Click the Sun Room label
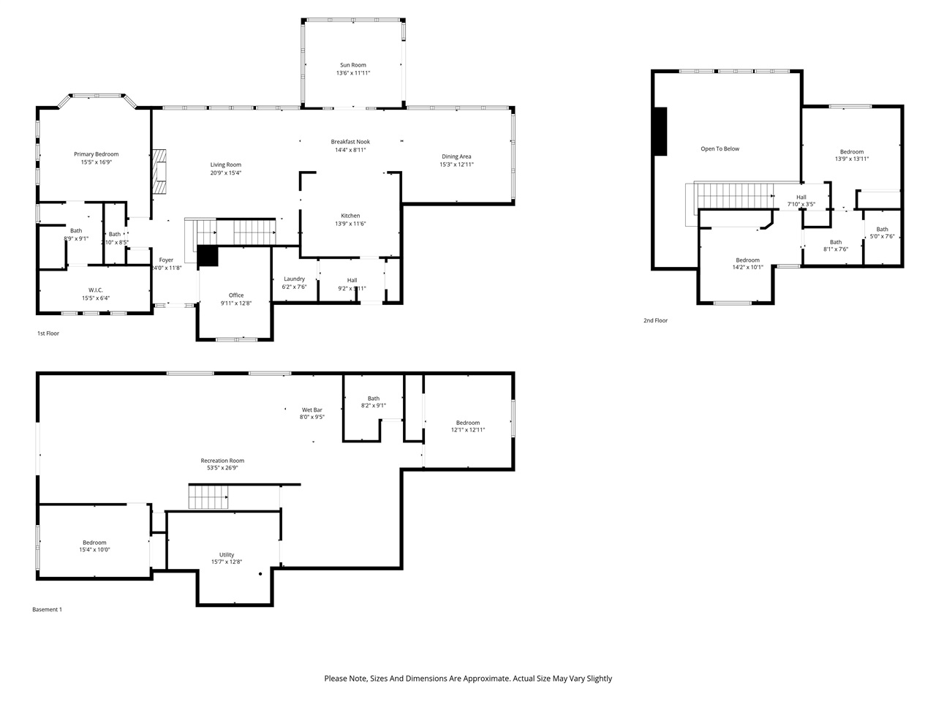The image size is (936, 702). point(352,65)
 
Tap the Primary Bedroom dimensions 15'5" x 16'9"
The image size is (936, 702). point(96,162)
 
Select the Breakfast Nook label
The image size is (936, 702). point(350,141)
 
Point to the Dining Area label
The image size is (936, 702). point(456,156)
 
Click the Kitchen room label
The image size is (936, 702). point(350,216)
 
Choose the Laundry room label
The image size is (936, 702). point(294,279)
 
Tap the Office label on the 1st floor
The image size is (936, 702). point(236,295)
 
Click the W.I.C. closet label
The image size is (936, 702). point(96,290)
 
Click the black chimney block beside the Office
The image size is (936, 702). point(208,256)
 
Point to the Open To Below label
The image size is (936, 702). point(720,148)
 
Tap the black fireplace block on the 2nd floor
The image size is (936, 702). point(660,132)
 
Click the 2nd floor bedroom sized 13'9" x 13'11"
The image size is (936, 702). point(852,155)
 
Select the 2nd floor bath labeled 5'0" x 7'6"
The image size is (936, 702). point(882,233)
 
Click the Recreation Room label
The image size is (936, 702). point(222,461)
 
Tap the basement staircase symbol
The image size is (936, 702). point(209,499)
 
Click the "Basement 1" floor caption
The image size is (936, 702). point(48,609)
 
